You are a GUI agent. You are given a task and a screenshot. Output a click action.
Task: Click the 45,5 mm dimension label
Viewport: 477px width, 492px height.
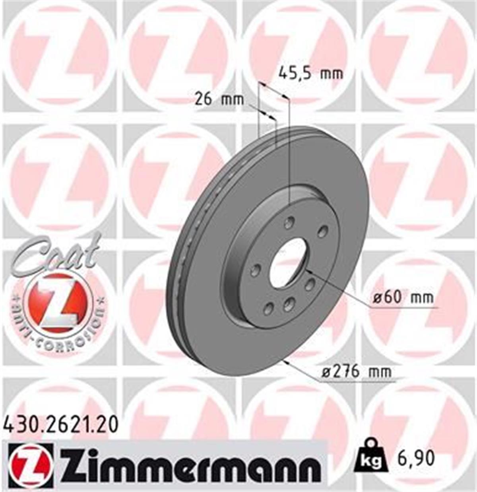[310, 74]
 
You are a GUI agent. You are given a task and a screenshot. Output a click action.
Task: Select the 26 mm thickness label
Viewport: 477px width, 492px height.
[219, 99]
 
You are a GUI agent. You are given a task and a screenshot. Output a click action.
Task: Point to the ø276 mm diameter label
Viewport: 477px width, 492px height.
[356, 371]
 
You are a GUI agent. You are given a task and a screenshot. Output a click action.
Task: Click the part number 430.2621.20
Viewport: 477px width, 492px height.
[61, 424]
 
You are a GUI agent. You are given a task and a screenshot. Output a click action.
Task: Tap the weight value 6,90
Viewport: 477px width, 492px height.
[414, 459]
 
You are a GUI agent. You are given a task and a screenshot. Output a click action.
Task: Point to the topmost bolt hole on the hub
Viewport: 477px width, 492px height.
[290, 221]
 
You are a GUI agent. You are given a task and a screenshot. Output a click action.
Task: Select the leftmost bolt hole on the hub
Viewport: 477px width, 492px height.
[255, 270]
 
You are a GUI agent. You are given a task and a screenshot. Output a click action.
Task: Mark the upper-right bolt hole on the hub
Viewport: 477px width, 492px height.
[322, 231]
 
